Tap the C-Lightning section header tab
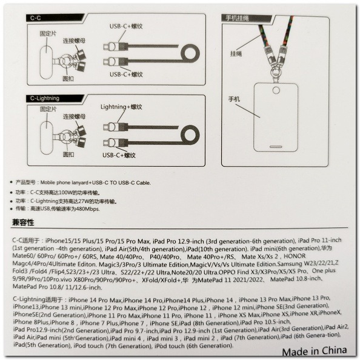[48, 98]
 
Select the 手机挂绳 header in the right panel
[239, 19]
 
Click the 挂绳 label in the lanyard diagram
[238, 54]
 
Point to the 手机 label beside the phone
[235, 98]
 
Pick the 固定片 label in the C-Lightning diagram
[48, 109]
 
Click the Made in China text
[314, 350]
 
